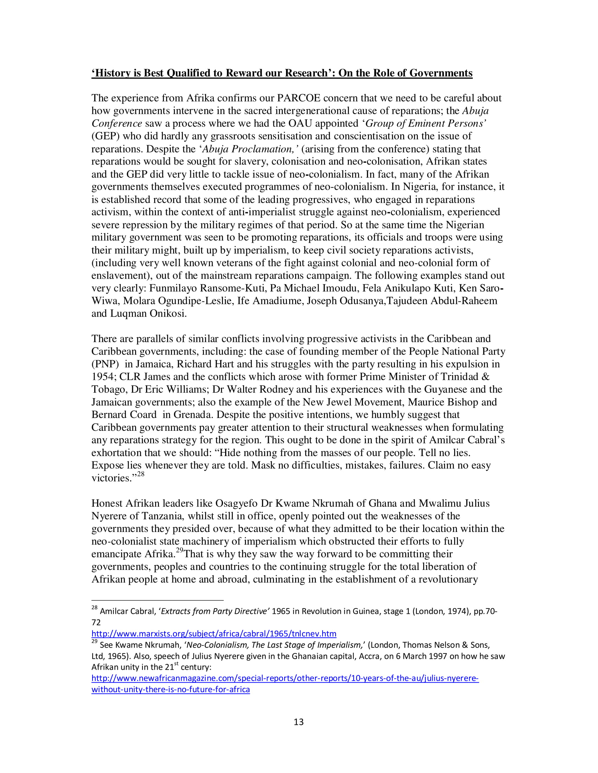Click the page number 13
coord(299,722)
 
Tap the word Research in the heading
coord(304,73)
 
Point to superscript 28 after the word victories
coord(141,474)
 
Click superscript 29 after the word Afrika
coord(180,550)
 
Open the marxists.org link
coord(214,634)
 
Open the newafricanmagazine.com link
coord(285,678)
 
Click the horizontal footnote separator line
coord(157,600)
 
